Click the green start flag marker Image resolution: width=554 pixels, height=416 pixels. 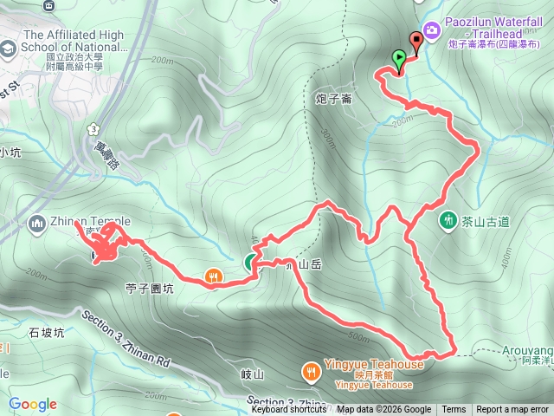399,60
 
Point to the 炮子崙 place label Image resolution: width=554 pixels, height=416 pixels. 334,99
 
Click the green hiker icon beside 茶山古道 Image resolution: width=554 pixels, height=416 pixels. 448,220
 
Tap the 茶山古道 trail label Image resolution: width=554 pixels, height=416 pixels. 486,222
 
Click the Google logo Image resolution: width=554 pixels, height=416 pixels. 33,404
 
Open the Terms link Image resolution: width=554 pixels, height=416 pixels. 454,410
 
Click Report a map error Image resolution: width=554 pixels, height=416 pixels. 512,410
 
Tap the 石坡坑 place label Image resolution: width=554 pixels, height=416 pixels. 47,333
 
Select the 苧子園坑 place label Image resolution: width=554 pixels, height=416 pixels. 149,289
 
